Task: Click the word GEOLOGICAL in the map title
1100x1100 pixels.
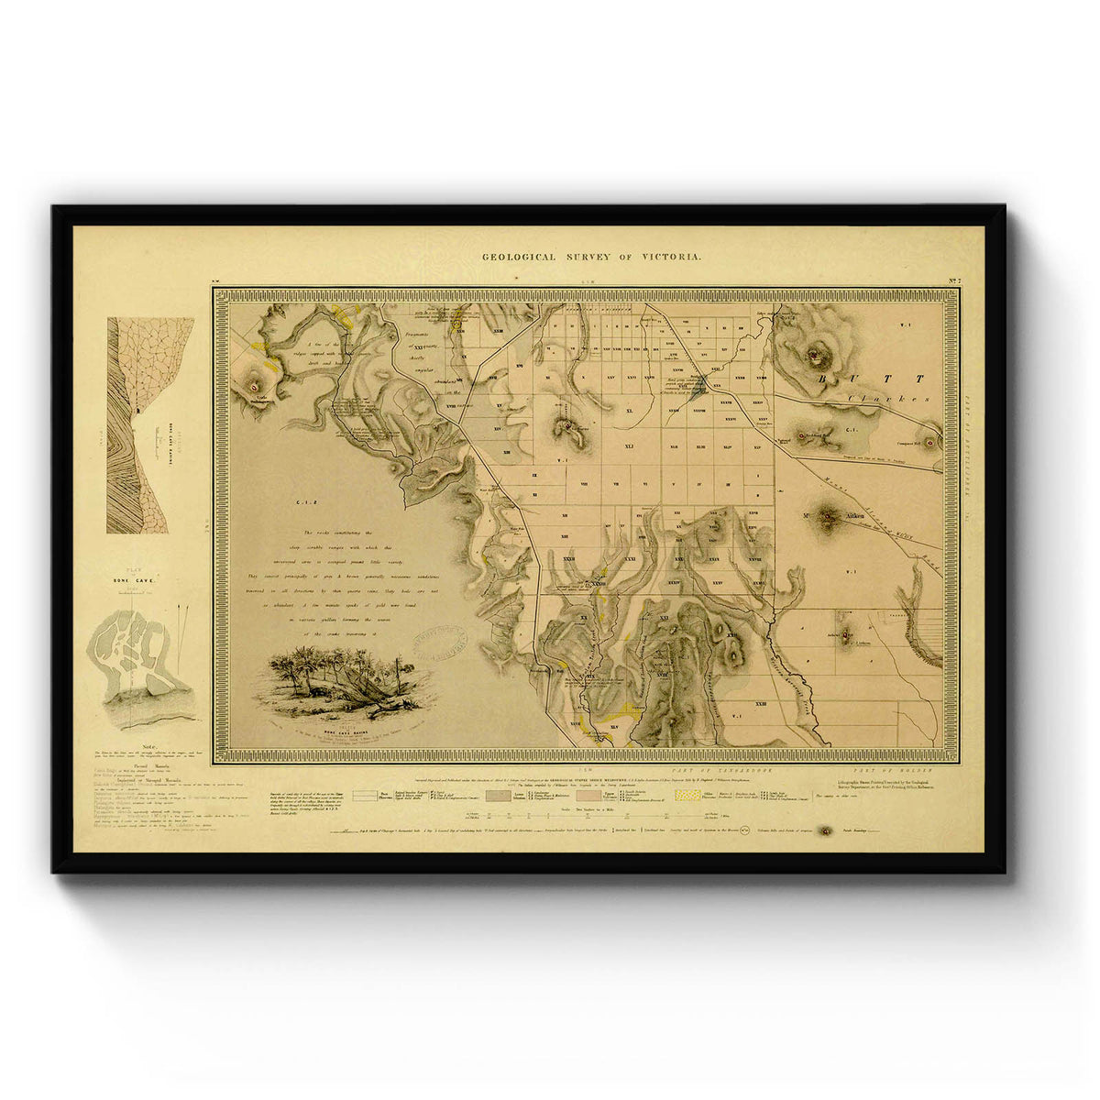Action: [x=519, y=258]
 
